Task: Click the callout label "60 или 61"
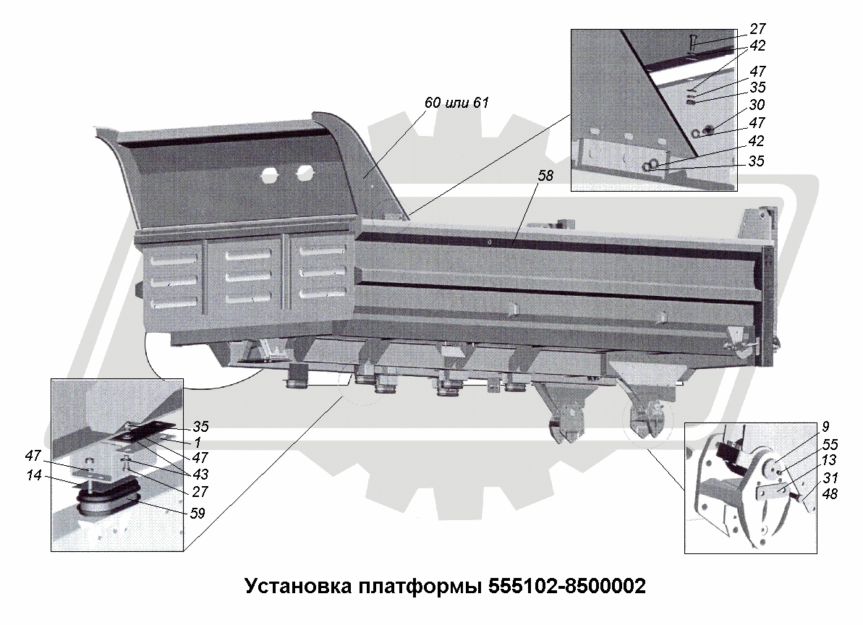click(456, 103)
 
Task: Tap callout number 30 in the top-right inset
click(757, 105)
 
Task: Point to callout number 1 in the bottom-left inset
click(197, 441)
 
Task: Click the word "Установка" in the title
click(297, 585)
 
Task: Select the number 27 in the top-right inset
click(757, 29)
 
